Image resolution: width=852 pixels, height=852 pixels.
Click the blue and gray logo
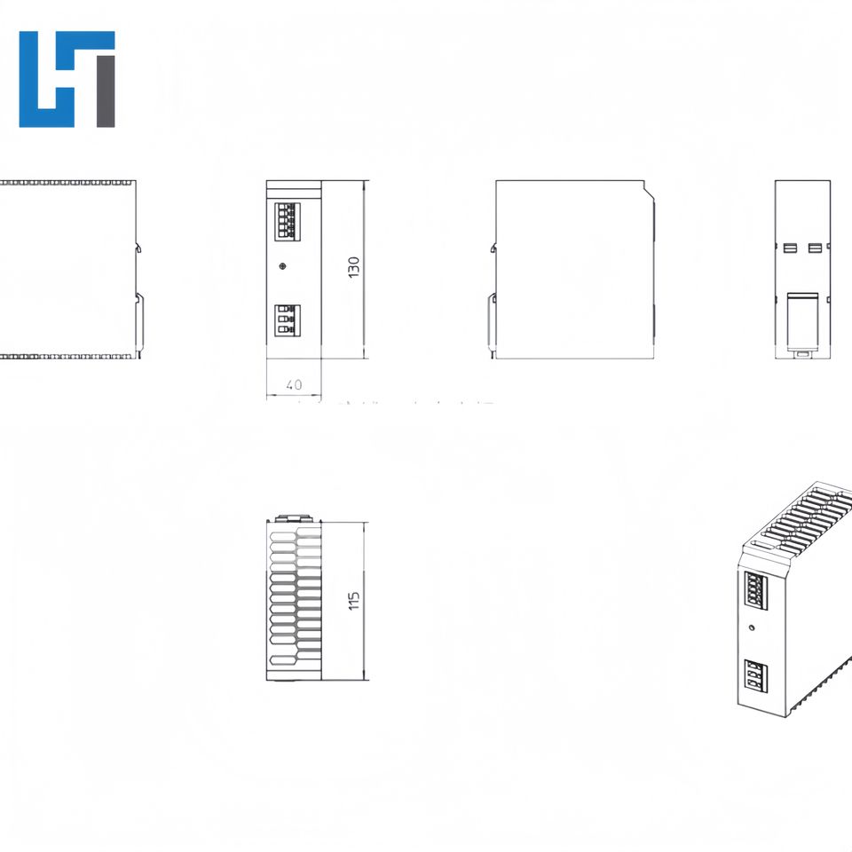pyautogui.click(x=67, y=79)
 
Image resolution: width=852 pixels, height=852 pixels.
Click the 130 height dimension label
pyautogui.click(x=353, y=268)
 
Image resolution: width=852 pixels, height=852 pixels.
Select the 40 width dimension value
pyautogui.click(x=294, y=385)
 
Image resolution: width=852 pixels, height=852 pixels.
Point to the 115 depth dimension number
pyautogui.click(x=353, y=601)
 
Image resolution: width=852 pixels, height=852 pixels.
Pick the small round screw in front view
pyautogui.click(x=282, y=265)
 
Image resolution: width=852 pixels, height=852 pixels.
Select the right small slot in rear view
pyautogui.click(x=816, y=248)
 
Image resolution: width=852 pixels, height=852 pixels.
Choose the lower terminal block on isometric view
pyautogui.click(x=756, y=676)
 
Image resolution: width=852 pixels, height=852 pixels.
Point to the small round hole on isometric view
pyautogui.click(x=753, y=627)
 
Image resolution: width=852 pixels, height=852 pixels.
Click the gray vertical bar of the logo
pyautogui.click(x=106, y=90)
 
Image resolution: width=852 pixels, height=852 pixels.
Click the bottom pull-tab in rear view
pyautogui.click(x=803, y=355)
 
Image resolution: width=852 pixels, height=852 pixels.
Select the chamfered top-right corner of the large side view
pyautogui.click(x=648, y=188)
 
